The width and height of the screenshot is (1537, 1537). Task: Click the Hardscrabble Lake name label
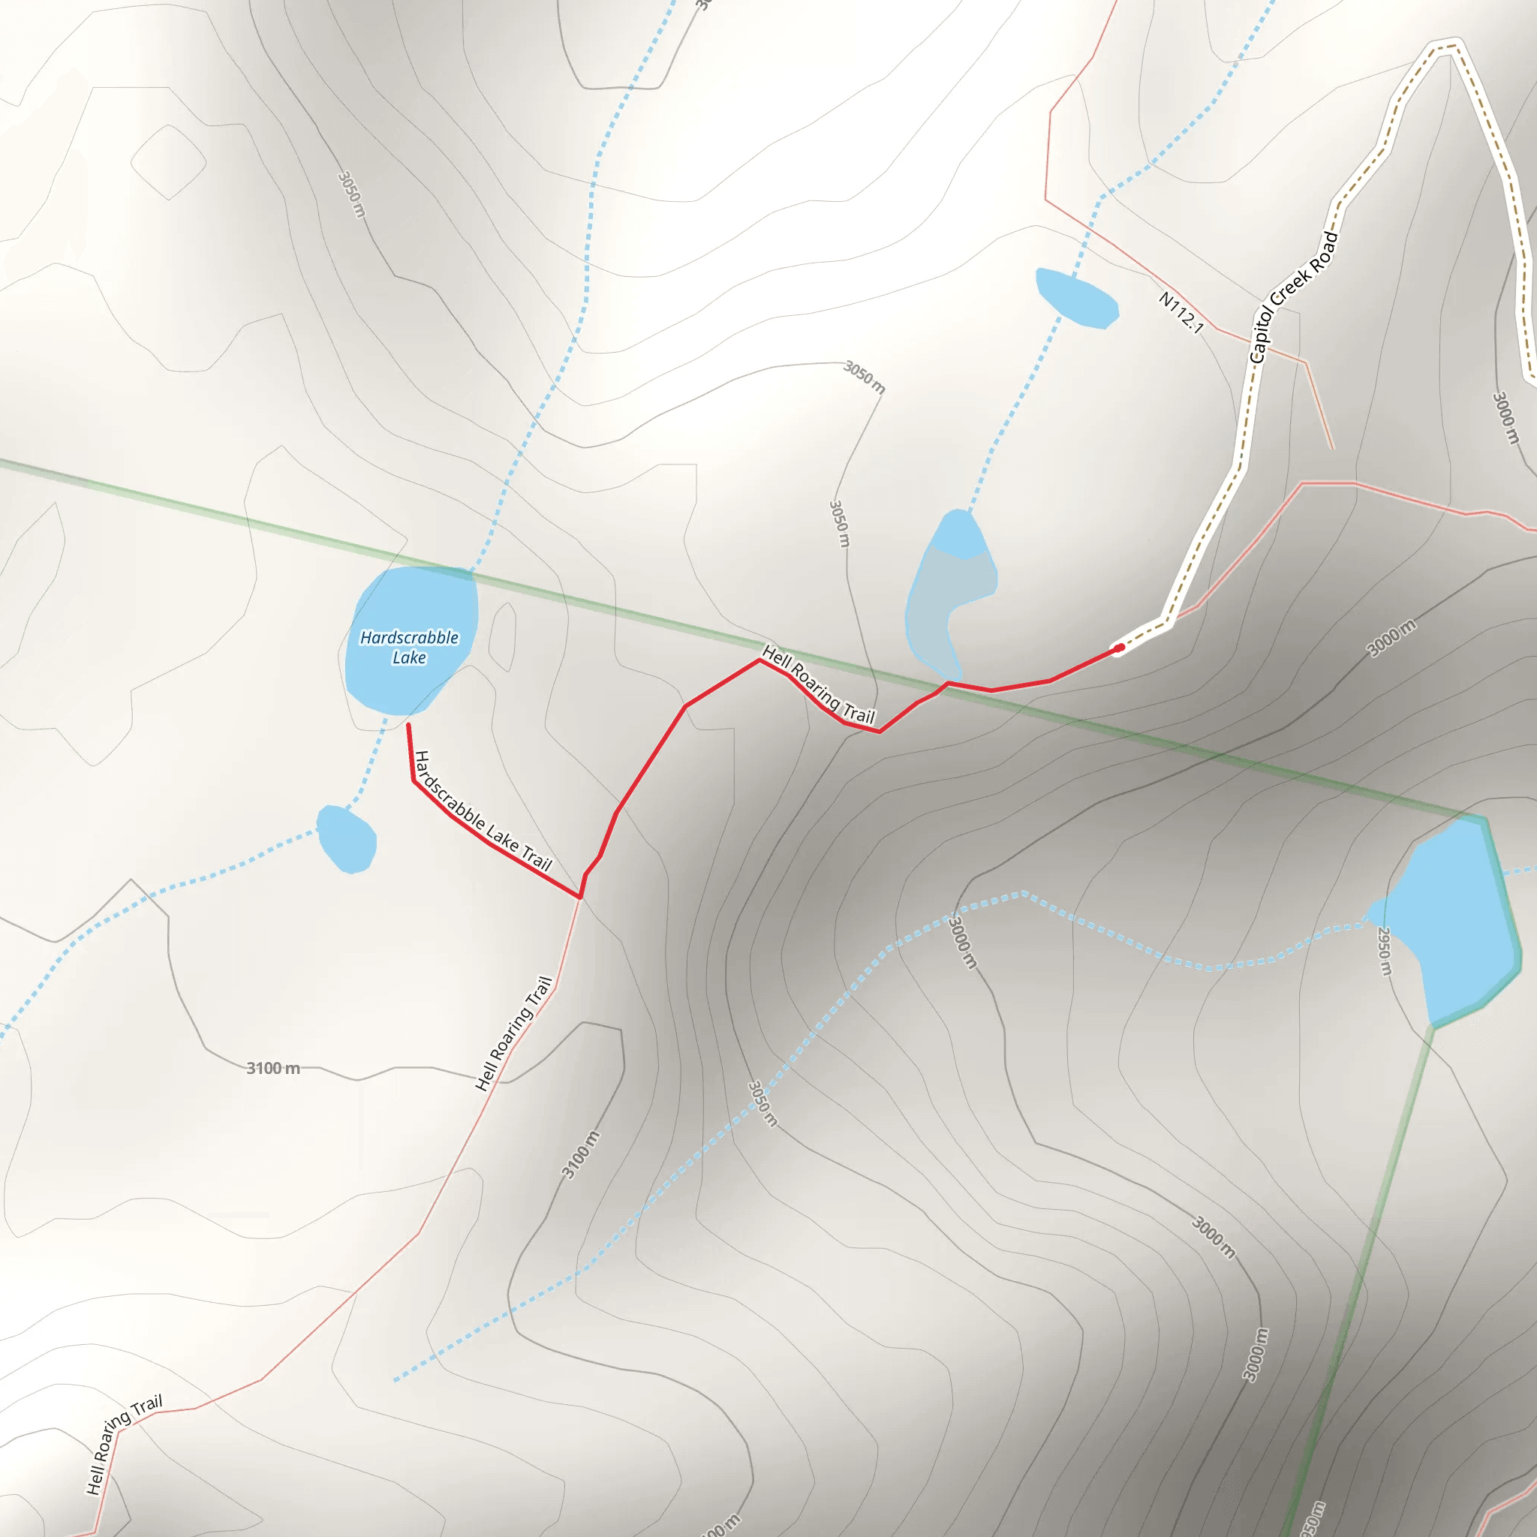click(x=409, y=647)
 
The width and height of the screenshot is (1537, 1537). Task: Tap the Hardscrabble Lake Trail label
click(x=483, y=812)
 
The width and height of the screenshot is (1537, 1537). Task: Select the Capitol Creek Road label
click(x=1294, y=297)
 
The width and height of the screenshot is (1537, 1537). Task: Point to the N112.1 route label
click(x=1181, y=312)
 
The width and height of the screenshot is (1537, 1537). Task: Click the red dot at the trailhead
click(x=1119, y=648)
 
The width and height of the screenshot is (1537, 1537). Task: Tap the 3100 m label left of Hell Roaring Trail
click(x=273, y=1068)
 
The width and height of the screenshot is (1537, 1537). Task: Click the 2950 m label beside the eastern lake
click(x=1385, y=951)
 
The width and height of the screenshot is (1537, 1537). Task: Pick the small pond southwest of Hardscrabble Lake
click(x=346, y=839)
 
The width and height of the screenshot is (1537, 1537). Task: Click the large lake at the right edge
click(x=1460, y=923)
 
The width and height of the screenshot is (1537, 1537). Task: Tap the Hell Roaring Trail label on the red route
click(x=819, y=684)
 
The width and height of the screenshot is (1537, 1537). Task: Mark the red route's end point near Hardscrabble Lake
click(x=408, y=725)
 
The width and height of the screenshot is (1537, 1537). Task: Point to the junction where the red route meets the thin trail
click(x=580, y=898)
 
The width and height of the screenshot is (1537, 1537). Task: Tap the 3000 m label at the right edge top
click(x=1505, y=418)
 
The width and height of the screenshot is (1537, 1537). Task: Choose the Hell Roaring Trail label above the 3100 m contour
click(x=514, y=1033)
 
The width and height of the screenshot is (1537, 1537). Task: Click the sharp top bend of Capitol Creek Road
click(x=1446, y=46)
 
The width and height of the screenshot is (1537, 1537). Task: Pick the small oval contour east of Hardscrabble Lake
click(x=503, y=636)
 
